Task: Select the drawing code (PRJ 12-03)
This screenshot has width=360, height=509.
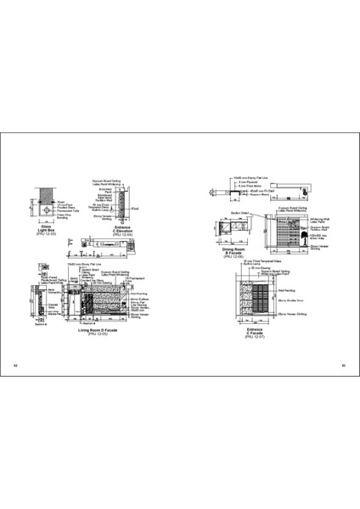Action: (42, 234)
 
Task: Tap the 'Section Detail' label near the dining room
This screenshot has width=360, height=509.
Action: (239, 215)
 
